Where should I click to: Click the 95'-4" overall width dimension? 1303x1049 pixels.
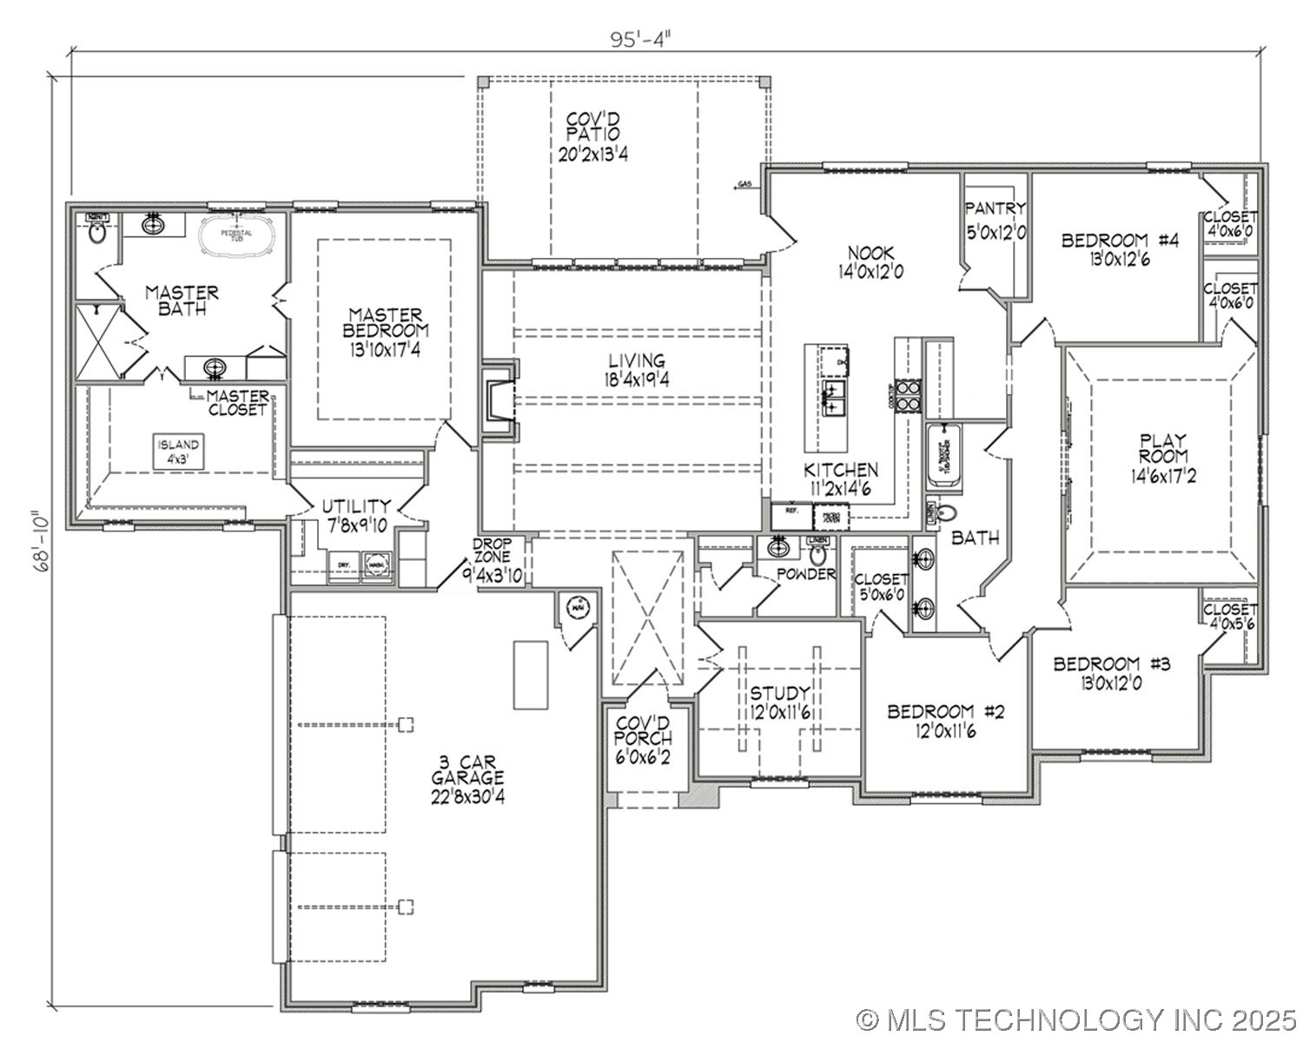click(x=641, y=40)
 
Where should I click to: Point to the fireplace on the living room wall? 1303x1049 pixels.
click(x=500, y=400)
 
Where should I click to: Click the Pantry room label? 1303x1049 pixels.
click(x=995, y=221)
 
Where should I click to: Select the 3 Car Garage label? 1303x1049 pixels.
click(x=468, y=779)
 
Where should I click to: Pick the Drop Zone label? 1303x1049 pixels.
click(x=493, y=562)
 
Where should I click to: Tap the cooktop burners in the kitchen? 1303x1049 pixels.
click(x=908, y=395)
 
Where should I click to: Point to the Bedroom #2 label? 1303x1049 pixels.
click(x=945, y=721)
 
